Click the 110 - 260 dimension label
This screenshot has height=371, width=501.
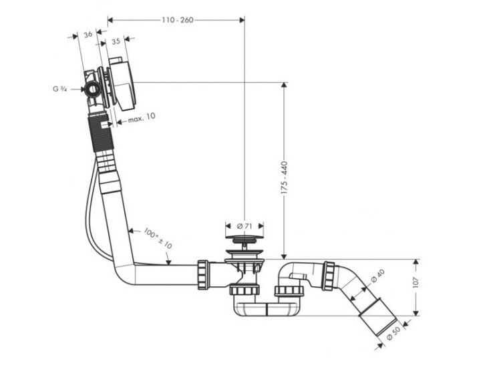[x=177, y=20]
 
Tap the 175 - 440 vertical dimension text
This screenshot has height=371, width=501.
[x=284, y=178]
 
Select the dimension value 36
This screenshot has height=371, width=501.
[x=88, y=34]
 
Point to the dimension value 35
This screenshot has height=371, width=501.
[x=116, y=41]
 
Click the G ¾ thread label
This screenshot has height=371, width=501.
[x=59, y=89]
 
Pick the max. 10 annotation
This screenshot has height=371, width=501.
[x=142, y=118]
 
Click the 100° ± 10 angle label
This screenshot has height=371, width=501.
[x=158, y=238]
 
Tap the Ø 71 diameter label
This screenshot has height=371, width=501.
[x=244, y=226]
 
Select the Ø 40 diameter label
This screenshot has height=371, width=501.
[x=378, y=276]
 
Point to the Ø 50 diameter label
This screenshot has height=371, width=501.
[x=393, y=333]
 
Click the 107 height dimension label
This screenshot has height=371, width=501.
[x=415, y=282]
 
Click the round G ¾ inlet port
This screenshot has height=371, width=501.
[x=93, y=89]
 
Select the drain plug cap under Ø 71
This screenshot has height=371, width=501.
[x=244, y=237]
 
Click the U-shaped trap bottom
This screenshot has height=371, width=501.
[x=267, y=309]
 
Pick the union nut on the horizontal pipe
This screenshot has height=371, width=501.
[x=203, y=274]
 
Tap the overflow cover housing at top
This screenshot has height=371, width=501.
[x=122, y=84]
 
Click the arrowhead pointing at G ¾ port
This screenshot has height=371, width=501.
[x=81, y=89]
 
